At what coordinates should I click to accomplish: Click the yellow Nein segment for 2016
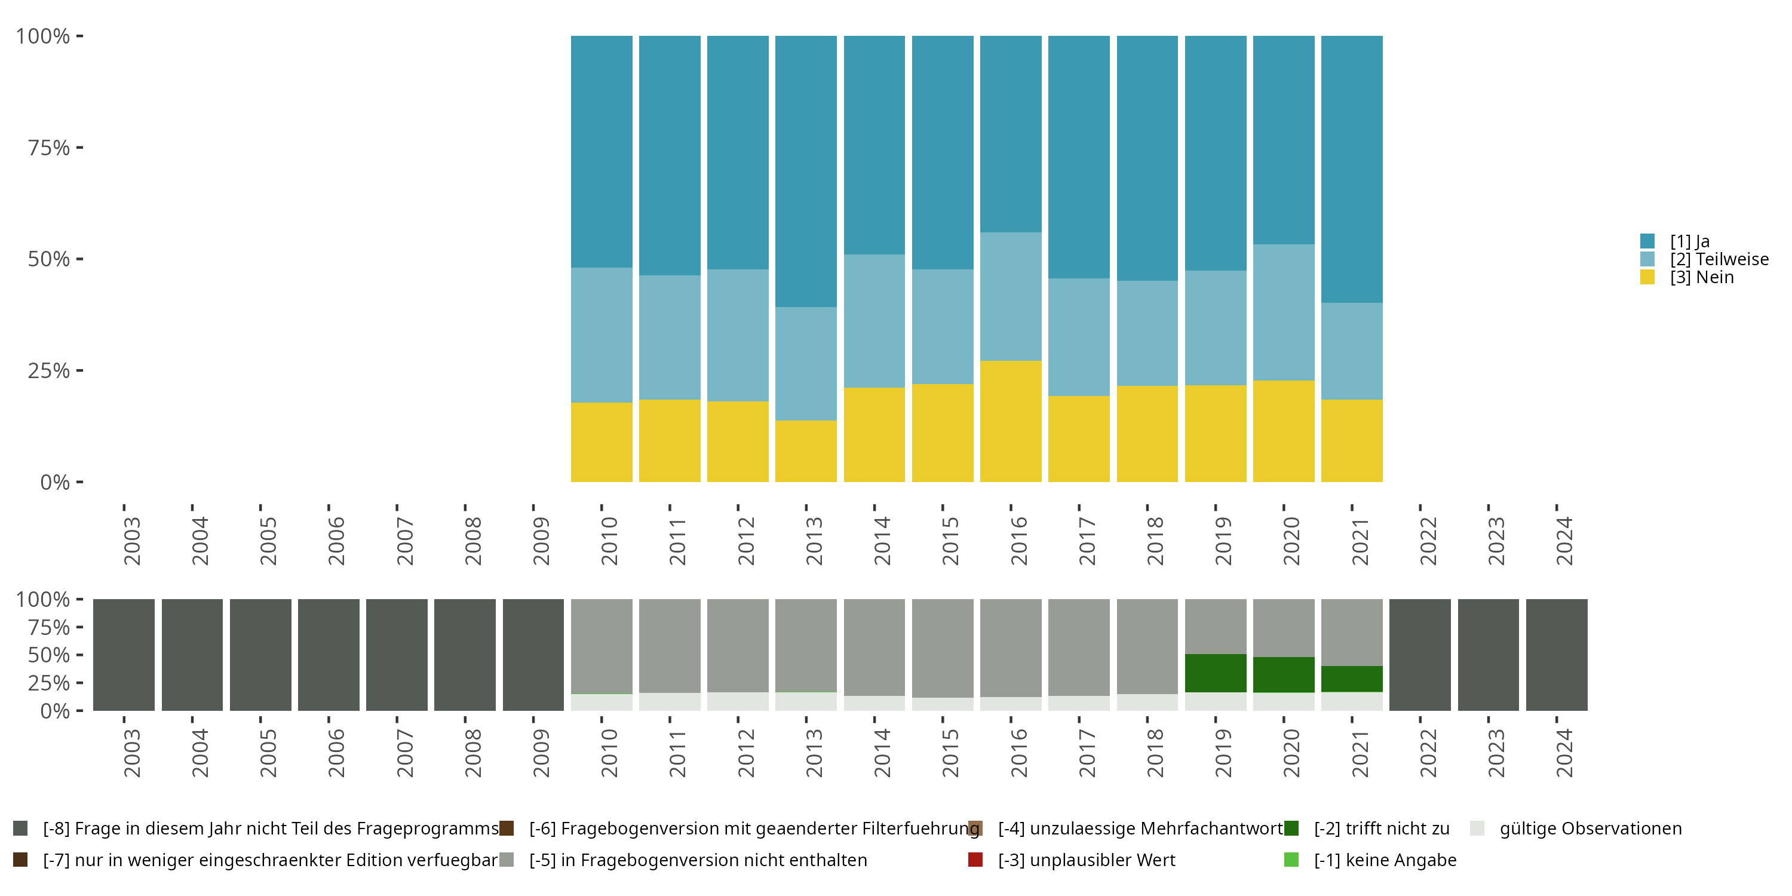pos(1010,421)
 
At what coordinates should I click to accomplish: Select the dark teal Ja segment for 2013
pos(806,171)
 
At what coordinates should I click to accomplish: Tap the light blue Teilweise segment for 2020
pos(1284,312)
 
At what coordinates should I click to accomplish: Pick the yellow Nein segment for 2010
pos(601,443)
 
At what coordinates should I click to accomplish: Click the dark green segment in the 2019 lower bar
pos(1216,673)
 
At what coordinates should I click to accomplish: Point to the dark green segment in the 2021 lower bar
pos(1352,679)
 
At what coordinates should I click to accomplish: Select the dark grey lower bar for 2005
pos(260,655)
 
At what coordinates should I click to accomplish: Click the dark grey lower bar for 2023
pos(1488,655)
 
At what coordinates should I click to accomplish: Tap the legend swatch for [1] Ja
pos(1647,241)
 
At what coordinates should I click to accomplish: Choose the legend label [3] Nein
pos(1702,277)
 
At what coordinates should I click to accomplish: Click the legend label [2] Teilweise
pos(1719,259)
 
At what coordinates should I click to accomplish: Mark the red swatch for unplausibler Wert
pos(975,860)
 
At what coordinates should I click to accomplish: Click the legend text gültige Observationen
pos(1590,829)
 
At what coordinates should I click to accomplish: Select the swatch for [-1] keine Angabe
pos(1291,860)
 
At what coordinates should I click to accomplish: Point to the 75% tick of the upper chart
pos(80,148)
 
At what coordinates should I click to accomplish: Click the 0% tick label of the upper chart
pos(55,482)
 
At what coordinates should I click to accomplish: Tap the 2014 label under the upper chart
pos(882,541)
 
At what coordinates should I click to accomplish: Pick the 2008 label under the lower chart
pos(473,753)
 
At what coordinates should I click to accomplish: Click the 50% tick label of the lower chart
pos(49,655)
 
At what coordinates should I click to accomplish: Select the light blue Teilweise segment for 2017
pos(1078,337)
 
